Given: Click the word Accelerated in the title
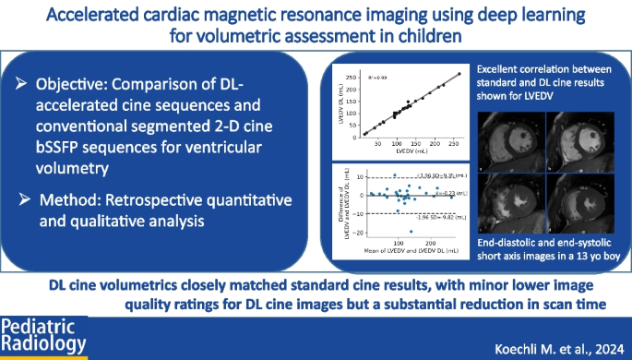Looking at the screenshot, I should pyautogui.click(x=140, y=15).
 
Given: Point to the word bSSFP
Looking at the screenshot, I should pyautogui.click(x=67, y=146).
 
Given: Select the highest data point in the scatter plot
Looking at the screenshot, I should pyautogui.click(x=460, y=74).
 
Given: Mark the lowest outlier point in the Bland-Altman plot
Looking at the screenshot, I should pyautogui.click(x=411, y=232).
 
